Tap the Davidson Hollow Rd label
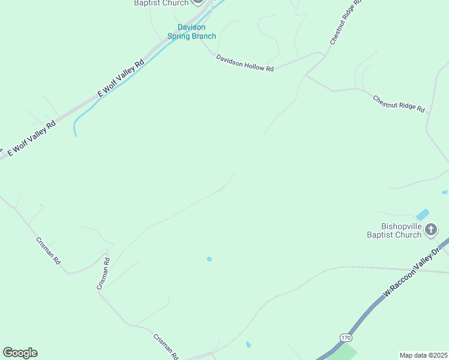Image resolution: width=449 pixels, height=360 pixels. click(245, 64)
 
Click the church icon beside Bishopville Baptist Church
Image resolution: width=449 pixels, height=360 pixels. click(431, 229)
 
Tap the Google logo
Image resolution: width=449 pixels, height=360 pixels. click(20, 353)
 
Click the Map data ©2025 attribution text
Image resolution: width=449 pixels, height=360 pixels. click(424, 355)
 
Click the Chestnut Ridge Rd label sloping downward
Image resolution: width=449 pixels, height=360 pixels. click(399, 104)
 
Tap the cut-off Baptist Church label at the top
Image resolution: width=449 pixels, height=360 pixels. click(161, 3)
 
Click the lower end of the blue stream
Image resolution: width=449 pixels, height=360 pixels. click(76, 133)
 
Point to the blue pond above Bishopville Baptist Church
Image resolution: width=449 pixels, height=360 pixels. click(423, 214)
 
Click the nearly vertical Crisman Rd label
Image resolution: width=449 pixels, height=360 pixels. click(103, 274)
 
